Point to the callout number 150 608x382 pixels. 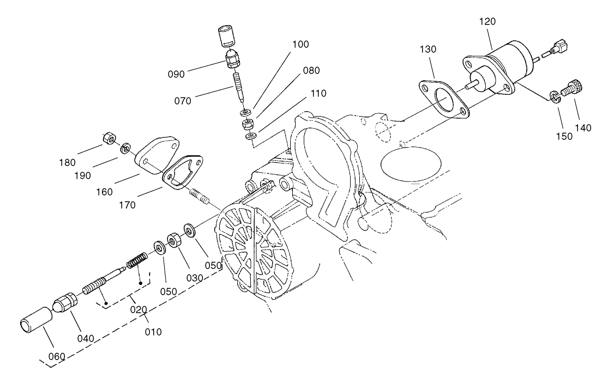coord(565,136)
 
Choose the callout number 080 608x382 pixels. coord(311,70)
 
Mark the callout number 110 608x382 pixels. coord(318,93)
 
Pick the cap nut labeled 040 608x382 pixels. coord(65,303)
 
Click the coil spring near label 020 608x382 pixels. coord(137,260)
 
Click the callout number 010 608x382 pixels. coord(153,330)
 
